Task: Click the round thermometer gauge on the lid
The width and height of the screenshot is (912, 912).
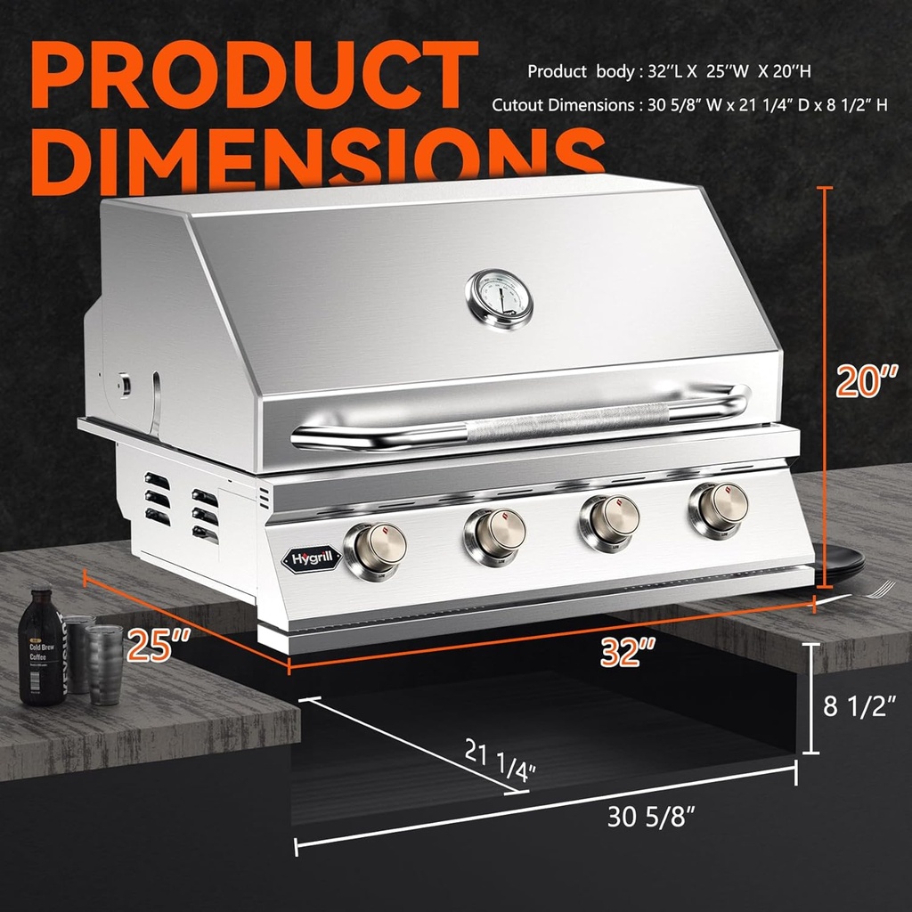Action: click(499, 297)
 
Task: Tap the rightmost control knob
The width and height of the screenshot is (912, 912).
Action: click(718, 509)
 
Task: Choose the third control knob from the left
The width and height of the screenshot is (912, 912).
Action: click(608, 522)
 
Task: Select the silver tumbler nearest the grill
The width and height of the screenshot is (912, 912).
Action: click(105, 663)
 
